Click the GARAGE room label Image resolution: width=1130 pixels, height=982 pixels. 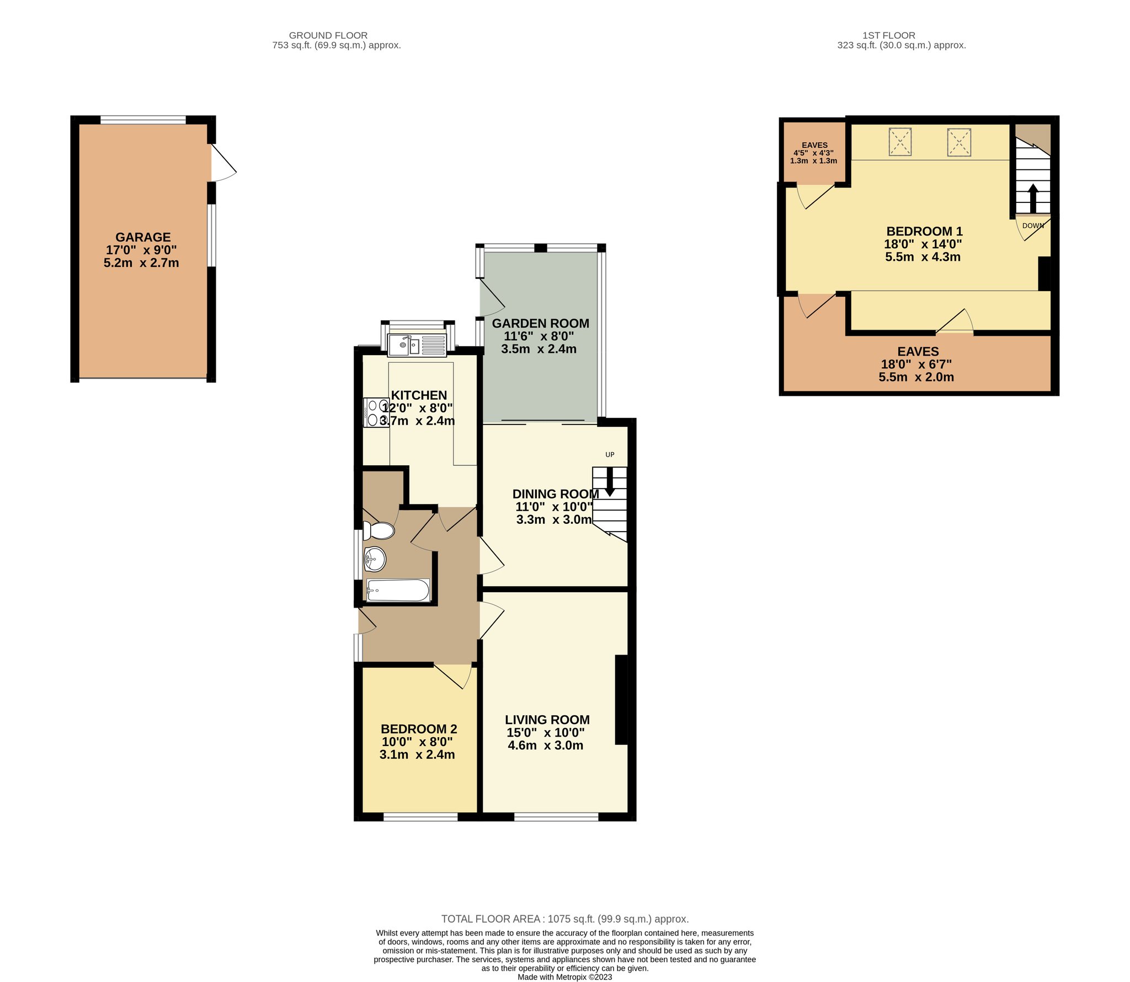coord(142,237)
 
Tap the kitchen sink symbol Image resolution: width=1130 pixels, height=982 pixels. coord(417,345)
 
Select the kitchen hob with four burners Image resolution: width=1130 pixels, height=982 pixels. coord(376,412)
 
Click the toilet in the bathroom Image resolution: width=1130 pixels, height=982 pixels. coord(379,530)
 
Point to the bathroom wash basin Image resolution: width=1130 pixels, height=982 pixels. coord(375,559)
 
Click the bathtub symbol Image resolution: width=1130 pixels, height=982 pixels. coord(398,590)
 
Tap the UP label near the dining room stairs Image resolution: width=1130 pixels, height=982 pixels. coord(610,454)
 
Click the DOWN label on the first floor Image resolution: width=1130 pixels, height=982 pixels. coord(1033,226)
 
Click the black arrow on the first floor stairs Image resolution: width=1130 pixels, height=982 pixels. coord(1033,198)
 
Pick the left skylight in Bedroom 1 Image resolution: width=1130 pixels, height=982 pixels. coord(900,142)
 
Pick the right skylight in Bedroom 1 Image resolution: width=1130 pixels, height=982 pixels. coord(959,142)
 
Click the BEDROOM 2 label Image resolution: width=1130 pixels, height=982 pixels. coord(418,729)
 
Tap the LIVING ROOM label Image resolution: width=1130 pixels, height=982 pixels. coord(547,720)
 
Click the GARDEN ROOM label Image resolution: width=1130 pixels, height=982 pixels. coord(540,324)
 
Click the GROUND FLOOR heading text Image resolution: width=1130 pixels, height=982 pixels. coord(328,35)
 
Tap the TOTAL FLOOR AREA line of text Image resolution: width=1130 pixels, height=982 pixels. coord(564,919)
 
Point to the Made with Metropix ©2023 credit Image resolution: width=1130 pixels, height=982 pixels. coord(564,977)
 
